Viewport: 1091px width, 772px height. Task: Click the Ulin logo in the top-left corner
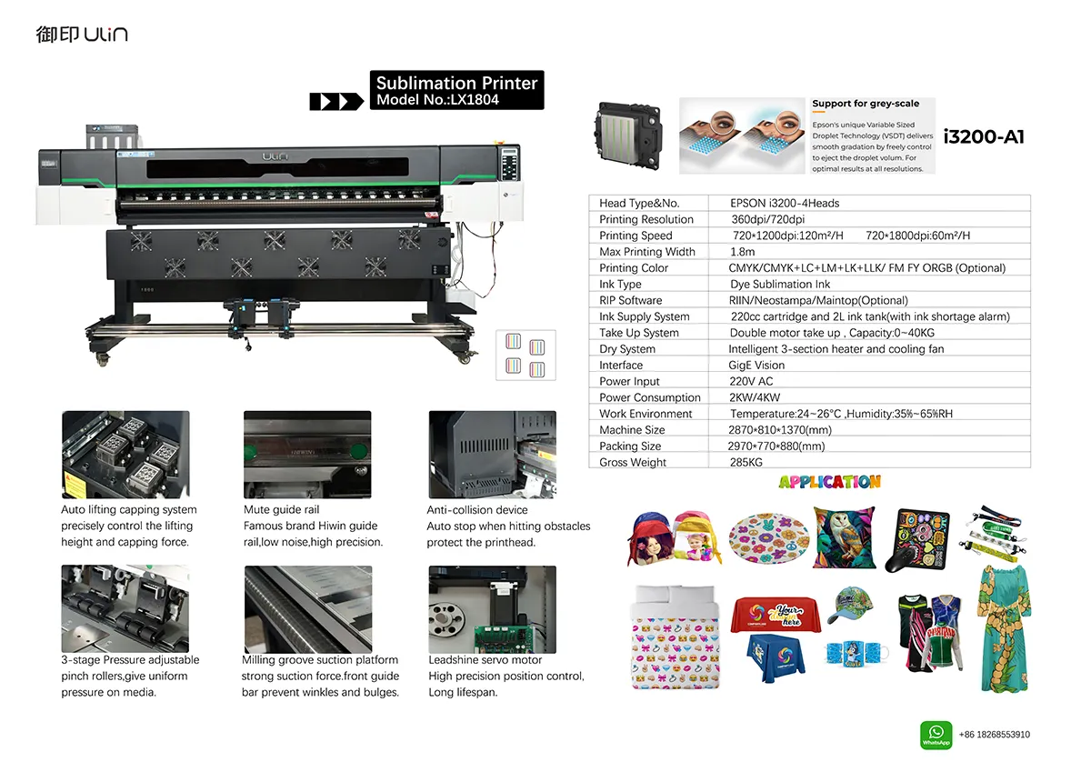point(82,34)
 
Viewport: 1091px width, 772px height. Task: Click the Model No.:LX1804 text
point(437,100)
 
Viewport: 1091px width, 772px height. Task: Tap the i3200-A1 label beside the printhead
point(984,137)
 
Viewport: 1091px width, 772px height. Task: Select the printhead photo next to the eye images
point(628,135)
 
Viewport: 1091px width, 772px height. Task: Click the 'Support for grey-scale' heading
point(866,104)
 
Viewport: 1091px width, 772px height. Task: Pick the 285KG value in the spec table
point(746,462)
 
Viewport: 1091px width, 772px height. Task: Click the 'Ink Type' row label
point(620,284)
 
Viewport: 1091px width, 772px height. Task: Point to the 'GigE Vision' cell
point(756,365)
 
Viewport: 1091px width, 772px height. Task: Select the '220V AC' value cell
point(751,381)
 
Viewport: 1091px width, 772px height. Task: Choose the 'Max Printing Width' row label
point(646,252)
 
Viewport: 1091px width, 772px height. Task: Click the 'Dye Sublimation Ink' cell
point(780,284)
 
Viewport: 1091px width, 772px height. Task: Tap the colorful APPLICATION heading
point(829,482)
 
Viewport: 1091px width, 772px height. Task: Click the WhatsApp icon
point(936,735)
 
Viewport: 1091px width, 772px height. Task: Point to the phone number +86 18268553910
point(994,735)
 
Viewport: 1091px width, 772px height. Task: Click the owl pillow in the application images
point(844,536)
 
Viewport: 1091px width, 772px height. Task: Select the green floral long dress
point(1005,628)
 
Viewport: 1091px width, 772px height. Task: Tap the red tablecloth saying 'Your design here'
point(775,615)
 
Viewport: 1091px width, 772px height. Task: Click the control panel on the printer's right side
point(509,163)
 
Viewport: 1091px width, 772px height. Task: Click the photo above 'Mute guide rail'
point(307,455)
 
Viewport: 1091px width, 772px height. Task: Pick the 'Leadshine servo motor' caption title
point(485,660)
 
